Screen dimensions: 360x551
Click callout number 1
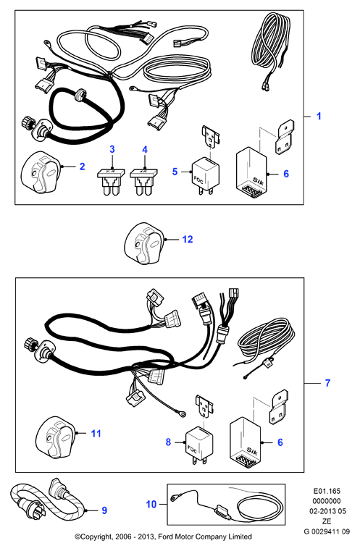(x=319, y=116)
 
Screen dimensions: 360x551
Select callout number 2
(x=83, y=167)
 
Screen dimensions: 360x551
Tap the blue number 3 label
(x=112, y=149)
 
